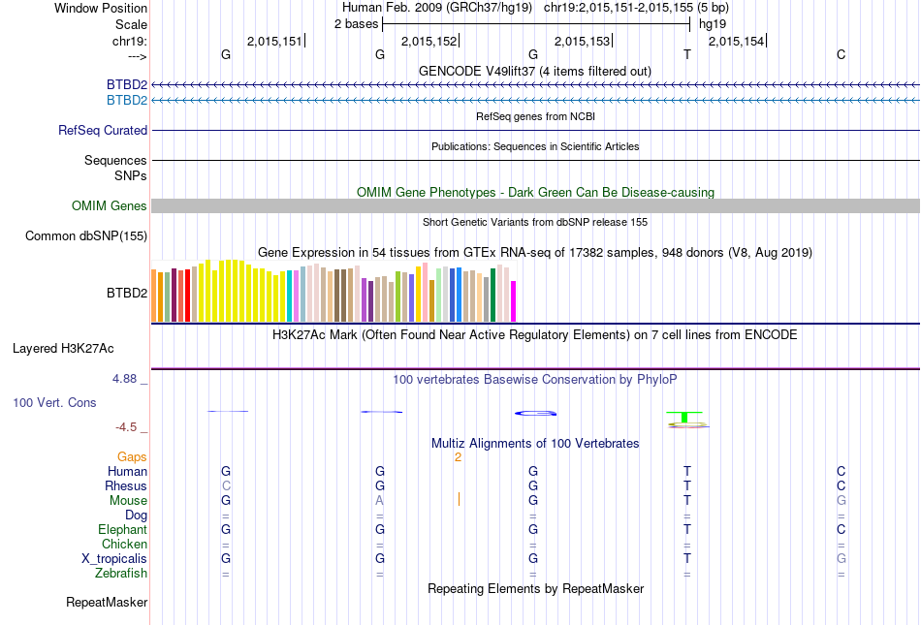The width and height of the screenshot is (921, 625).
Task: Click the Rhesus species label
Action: point(126,485)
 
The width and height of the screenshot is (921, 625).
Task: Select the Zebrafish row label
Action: point(121,573)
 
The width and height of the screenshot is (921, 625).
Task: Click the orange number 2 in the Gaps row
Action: point(458,456)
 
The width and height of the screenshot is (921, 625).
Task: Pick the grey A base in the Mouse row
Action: point(380,500)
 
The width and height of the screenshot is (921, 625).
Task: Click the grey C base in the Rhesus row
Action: point(226,485)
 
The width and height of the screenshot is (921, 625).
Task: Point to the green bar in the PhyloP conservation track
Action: point(685,417)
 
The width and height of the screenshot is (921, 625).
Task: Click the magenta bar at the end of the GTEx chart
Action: point(513,300)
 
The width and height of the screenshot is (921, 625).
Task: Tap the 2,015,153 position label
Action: point(582,41)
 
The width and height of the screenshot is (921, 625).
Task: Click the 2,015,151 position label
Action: point(275,41)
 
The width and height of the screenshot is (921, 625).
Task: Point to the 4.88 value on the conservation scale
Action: point(125,379)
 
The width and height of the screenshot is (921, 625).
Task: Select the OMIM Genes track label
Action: point(110,205)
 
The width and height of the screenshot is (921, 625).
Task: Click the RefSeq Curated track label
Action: point(103,130)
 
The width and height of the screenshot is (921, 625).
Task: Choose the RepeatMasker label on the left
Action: point(107,602)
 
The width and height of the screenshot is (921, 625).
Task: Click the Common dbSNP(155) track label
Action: point(86,235)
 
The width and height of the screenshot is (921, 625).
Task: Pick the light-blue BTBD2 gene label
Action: point(127,99)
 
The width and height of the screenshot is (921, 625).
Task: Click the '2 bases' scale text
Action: point(356,23)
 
